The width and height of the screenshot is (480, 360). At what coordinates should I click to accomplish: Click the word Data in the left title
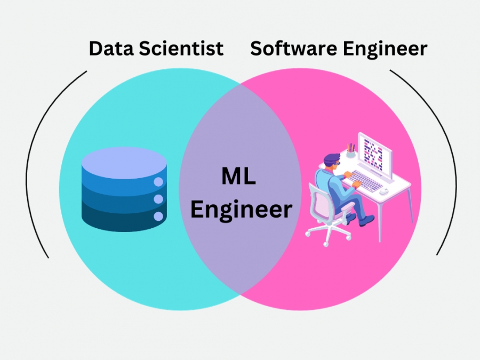pos(111,49)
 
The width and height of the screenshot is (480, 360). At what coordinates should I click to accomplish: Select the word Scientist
pos(181,49)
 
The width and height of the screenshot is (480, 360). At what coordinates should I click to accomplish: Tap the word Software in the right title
pos(293,49)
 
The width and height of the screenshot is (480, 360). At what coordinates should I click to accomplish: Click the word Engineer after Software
pos(385,50)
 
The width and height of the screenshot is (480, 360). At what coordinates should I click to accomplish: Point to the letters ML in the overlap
pos(238,176)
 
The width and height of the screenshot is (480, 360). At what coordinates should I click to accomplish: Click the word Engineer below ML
pos(241,210)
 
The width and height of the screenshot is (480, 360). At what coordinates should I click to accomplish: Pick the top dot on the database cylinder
pos(158,182)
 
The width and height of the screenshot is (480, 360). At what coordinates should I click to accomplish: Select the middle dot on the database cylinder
pos(158,199)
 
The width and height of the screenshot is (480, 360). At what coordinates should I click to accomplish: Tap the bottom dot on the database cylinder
pos(158,216)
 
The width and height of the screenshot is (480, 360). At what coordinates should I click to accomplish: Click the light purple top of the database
pos(124,163)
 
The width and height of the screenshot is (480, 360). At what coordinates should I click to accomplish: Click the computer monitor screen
pos(373,155)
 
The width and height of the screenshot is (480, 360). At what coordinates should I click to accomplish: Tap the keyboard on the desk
pos(365,181)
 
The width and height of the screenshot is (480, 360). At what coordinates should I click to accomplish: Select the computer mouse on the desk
pos(384,191)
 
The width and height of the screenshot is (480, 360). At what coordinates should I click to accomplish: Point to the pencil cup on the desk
pos(351,153)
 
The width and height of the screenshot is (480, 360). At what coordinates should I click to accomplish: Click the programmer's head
pos(332,161)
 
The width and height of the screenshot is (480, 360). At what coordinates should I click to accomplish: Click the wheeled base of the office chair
pos(328,234)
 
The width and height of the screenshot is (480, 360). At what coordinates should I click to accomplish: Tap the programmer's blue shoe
pos(367,220)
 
